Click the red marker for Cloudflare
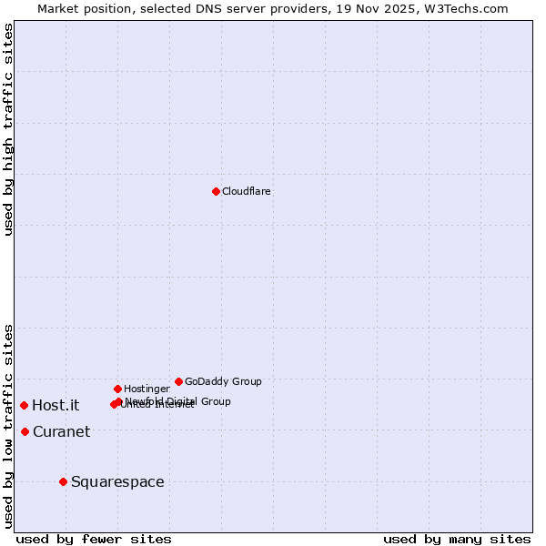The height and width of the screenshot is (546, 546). (x=216, y=191)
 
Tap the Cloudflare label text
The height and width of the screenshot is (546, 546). (x=247, y=192)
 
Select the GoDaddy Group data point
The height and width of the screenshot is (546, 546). (x=178, y=381)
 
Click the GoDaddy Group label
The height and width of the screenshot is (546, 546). (x=223, y=382)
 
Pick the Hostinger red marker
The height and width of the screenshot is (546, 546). (x=117, y=389)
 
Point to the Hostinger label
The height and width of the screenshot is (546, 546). (x=147, y=389)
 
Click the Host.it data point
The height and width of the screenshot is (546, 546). (x=24, y=405)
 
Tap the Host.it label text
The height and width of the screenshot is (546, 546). (x=56, y=406)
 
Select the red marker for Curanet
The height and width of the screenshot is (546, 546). (x=25, y=431)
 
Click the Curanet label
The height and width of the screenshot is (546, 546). (x=61, y=432)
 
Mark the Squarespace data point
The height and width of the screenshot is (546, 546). (x=63, y=481)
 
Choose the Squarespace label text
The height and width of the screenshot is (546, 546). (x=117, y=482)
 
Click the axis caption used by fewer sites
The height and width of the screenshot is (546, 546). (x=94, y=540)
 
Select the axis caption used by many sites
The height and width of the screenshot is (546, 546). (x=457, y=540)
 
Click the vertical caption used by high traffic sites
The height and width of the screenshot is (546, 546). (x=8, y=129)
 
